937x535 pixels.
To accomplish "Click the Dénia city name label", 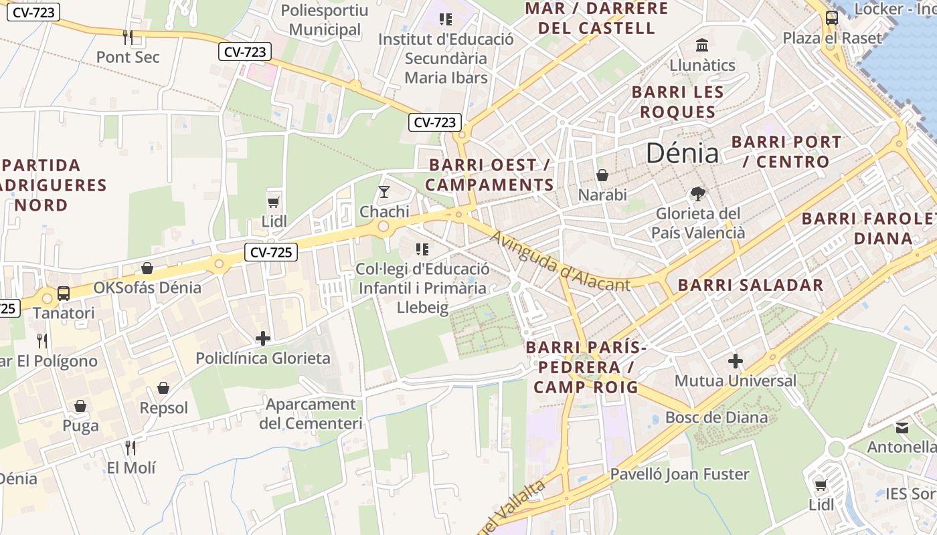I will coord(682,154).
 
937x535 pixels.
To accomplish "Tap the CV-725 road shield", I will coord(271,252).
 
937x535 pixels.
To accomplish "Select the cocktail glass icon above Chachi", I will coord(384,193).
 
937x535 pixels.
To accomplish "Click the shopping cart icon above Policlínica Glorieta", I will coord(272,202).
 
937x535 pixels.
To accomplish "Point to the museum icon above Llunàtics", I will coord(702,45).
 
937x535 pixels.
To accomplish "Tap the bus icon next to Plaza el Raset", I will coord(831,18).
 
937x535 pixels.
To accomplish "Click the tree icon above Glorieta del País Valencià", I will coord(698,194).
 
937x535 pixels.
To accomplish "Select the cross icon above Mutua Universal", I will coord(735,362).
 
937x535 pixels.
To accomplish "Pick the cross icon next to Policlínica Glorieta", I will coord(263,338).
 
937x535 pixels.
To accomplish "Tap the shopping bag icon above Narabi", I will coord(602,175).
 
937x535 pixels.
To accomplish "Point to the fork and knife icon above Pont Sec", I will coord(128,37).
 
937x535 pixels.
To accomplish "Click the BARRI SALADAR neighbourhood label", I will coord(750,285).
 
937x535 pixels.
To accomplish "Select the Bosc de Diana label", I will coord(716,418).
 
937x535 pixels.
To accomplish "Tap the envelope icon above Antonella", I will coord(902,427).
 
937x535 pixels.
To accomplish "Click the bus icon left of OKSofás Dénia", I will coord(64,293).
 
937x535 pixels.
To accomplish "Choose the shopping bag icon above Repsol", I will coord(163,388).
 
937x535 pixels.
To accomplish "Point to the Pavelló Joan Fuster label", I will coord(679,474).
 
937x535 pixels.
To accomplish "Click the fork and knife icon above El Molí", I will coord(131,447).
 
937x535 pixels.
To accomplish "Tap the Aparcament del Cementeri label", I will coord(311,414).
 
